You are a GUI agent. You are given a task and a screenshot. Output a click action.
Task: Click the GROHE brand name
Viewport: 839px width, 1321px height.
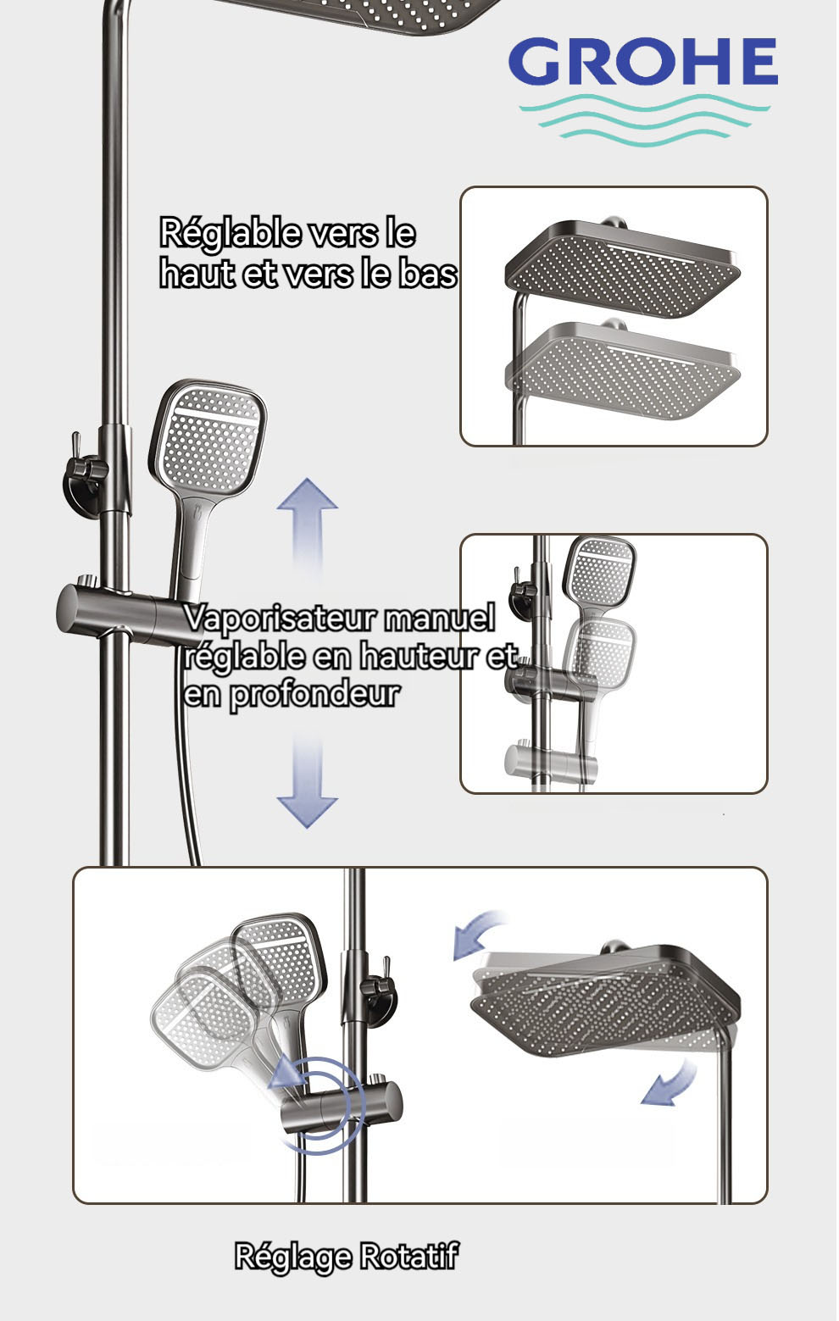[643, 61]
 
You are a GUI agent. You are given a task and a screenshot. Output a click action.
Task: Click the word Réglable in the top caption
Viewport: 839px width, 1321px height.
[231, 234]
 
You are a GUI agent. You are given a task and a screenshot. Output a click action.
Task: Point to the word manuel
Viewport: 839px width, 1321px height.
[440, 618]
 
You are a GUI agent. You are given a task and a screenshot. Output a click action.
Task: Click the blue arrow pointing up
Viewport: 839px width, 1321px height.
[307, 525]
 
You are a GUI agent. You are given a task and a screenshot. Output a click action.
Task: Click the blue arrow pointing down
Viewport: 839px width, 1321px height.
[308, 782]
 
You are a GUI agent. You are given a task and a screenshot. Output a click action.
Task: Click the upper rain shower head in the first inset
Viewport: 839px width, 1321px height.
[623, 268]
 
